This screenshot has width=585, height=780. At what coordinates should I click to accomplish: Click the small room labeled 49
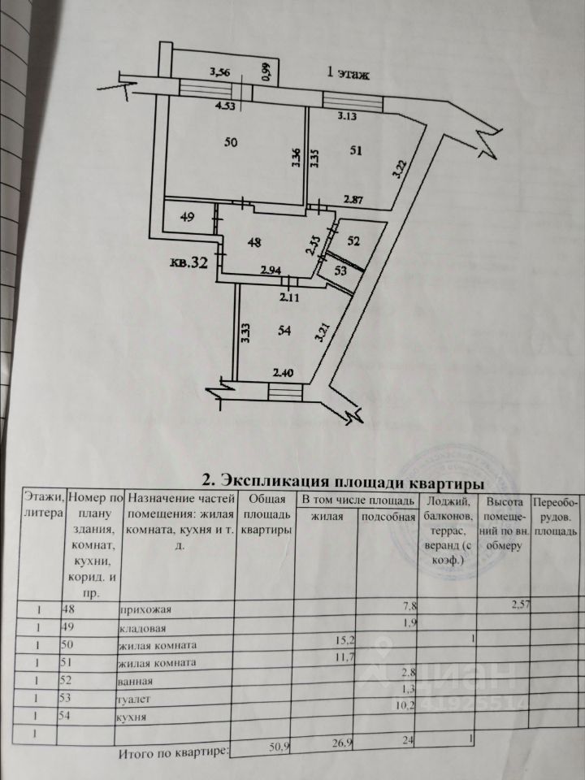tap(188, 217)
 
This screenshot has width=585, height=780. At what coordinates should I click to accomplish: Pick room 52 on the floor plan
tap(354, 240)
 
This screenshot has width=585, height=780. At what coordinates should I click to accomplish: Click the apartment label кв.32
tap(189, 262)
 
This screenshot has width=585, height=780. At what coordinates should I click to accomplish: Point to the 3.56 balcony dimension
tap(221, 72)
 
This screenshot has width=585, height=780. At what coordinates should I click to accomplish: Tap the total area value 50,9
tap(277, 753)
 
